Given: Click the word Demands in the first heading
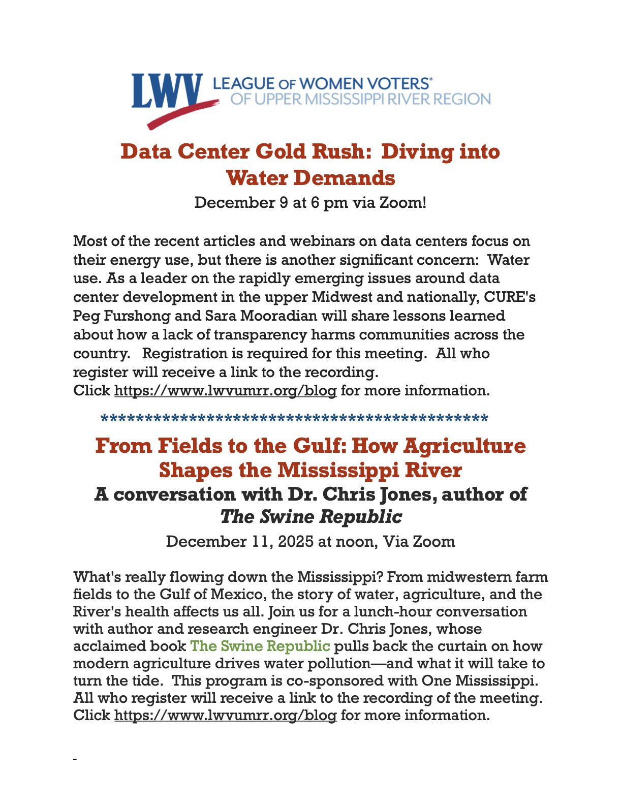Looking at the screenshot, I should pyautogui.click(x=346, y=178).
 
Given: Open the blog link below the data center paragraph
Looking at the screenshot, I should pyautogui.click(x=225, y=391).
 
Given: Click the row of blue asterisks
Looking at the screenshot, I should pyautogui.click(x=295, y=419).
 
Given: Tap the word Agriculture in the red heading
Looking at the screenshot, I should pyautogui.click(x=464, y=446).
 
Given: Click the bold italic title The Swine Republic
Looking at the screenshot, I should pyautogui.click(x=311, y=517).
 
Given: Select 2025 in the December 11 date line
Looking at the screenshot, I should pyautogui.click(x=296, y=541).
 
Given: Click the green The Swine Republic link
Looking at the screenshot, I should pyautogui.click(x=260, y=646).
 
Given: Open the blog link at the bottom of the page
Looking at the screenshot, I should pyautogui.click(x=225, y=716).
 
